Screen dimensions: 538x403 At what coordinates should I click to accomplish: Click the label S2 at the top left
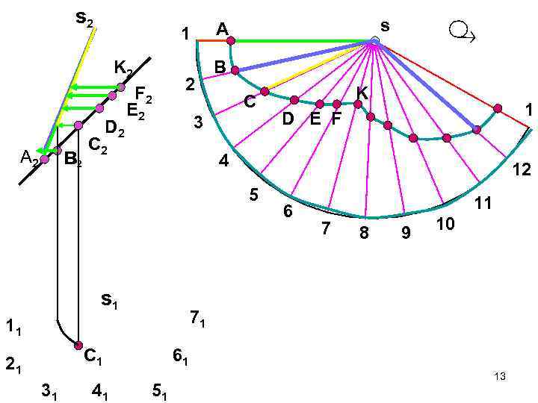[x=84, y=18]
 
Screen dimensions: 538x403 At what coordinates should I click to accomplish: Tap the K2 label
[x=123, y=69]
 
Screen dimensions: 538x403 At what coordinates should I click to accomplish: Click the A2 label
[x=29, y=157]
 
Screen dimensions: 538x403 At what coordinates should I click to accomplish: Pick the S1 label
[x=110, y=301]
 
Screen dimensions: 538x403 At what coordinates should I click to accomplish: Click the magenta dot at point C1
[x=78, y=346]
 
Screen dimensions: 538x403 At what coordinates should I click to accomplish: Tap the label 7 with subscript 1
[x=197, y=319]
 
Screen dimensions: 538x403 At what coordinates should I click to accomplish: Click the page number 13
[x=500, y=377]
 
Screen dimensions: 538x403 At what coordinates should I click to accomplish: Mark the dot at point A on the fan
[x=231, y=41]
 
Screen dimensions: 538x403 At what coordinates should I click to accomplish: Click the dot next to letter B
[x=235, y=70]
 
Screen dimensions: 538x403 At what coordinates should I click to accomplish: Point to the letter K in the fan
[x=362, y=93]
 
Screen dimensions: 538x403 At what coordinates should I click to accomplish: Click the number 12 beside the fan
[x=521, y=170]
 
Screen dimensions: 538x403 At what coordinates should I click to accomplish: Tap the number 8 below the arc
[x=364, y=233]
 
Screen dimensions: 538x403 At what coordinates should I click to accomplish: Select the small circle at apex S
[x=374, y=40]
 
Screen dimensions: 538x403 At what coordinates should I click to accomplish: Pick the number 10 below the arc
[x=445, y=223]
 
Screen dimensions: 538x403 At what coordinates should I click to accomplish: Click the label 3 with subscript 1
[x=50, y=390]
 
